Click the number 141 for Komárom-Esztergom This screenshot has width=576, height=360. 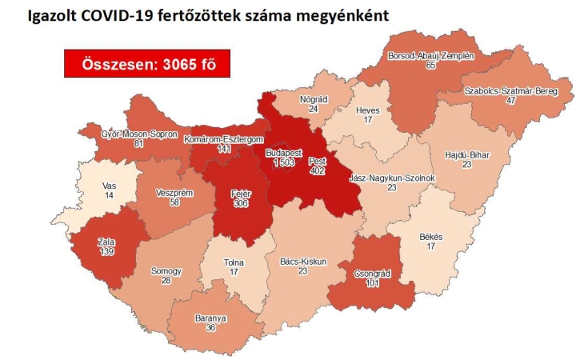pyautogui.click(x=218, y=150)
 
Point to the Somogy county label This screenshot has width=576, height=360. pyautogui.click(x=166, y=271)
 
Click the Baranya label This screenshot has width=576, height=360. pyautogui.click(x=210, y=318)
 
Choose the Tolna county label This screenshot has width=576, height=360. pyautogui.click(x=234, y=262)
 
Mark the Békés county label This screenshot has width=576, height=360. pyautogui.click(x=430, y=237)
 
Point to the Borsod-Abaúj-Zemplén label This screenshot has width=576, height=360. pyautogui.click(x=430, y=56)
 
